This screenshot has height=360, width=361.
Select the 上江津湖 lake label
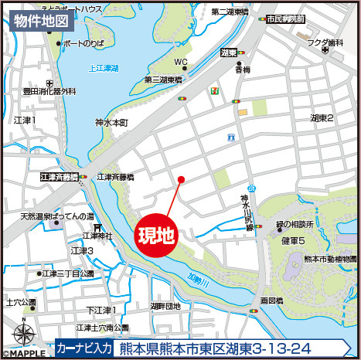point(103,69)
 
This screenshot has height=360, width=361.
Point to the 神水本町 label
point(111,122)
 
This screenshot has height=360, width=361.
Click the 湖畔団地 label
point(165,306)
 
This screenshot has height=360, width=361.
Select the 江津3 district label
point(82,251)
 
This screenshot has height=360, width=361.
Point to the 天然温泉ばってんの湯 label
point(57,216)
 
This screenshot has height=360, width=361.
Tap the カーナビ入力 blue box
point(84,348)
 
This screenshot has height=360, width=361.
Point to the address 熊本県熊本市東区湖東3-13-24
point(228,348)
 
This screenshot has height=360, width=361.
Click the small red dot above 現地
point(181,180)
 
